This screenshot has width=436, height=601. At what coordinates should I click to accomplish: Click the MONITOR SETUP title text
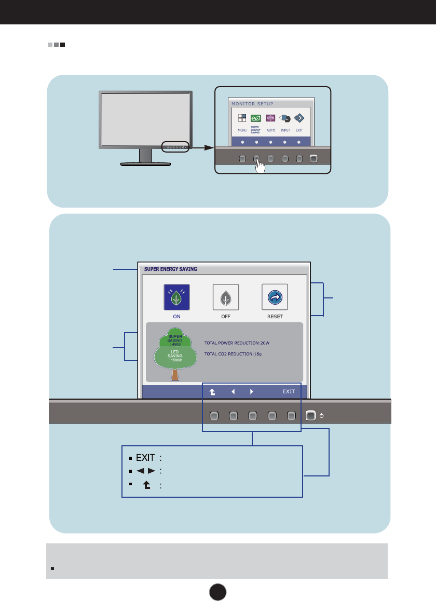point(252,104)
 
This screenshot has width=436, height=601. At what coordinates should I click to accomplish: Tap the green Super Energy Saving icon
point(256,118)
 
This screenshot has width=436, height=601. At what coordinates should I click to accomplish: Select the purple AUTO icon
point(270,118)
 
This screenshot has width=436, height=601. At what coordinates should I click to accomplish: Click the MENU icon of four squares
point(242,118)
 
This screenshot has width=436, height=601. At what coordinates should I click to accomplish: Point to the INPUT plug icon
point(285,118)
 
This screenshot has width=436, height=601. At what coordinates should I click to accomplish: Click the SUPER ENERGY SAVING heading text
point(168,269)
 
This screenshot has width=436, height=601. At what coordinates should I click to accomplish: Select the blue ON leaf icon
point(177,297)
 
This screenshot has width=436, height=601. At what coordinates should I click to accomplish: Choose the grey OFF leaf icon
point(226,297)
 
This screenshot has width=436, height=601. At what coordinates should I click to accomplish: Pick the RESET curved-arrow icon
point(275,297)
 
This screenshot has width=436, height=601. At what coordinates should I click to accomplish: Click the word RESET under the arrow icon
point(275,316)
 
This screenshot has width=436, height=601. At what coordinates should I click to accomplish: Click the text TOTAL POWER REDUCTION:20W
point(237,343)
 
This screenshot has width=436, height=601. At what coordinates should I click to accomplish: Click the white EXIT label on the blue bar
point(289,391)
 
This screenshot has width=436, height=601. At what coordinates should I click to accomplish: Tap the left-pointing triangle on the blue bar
point(233,391)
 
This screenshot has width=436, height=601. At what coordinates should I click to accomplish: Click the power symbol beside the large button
point(322,416)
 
